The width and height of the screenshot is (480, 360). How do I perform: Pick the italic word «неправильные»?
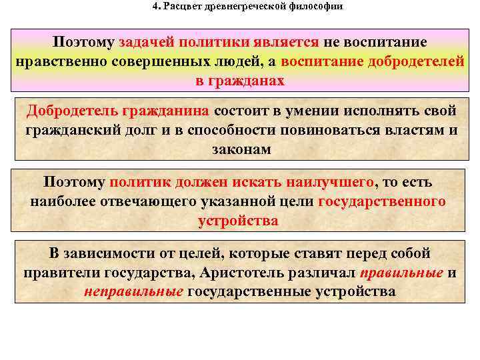pyautogui.click(x=133, y=292)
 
